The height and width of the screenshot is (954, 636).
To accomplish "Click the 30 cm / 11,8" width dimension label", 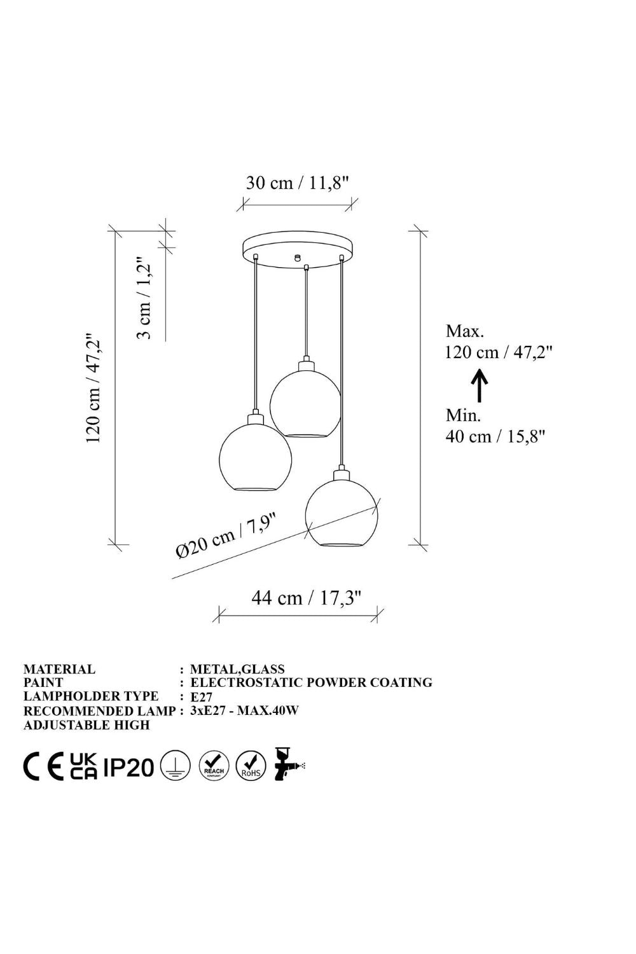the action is [x=298, y=183].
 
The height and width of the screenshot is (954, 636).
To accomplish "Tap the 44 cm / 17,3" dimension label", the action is [x=306, y=598].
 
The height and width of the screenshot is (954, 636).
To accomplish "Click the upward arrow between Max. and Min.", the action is [x=480, y=385].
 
